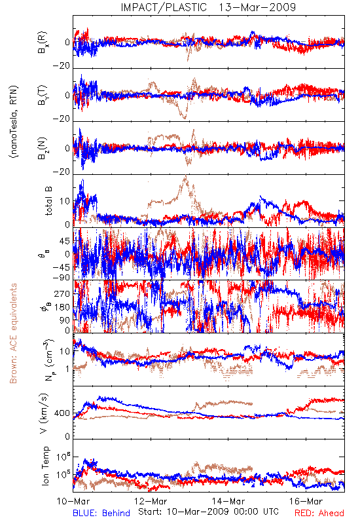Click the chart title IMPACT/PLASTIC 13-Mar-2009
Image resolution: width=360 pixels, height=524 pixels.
(208, 7)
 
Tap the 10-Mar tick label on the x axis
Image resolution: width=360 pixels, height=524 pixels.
(73, 501)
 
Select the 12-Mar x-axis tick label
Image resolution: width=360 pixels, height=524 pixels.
(151, 501)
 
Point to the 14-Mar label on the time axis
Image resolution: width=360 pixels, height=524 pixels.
(228, 501)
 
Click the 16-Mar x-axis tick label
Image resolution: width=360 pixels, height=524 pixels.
(306, 501)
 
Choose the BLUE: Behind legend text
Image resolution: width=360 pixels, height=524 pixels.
(101, 514)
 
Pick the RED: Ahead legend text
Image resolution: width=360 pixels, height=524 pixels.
(319, 514)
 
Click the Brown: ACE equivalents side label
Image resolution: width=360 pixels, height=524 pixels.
(13, 333)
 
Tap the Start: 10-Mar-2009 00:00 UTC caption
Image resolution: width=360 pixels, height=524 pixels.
(208, 512)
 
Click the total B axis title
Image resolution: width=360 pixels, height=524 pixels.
(48, 200)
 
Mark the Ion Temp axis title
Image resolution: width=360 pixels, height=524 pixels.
(45, 466)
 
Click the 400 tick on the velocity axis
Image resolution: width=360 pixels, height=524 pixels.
(62, 413)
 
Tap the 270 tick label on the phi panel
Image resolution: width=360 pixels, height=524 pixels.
(62, 293)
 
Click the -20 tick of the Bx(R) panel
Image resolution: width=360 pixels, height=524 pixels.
(62, 65)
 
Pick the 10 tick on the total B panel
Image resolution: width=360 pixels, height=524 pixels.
(65, 201)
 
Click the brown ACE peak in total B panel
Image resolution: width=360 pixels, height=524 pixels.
(186, 176)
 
